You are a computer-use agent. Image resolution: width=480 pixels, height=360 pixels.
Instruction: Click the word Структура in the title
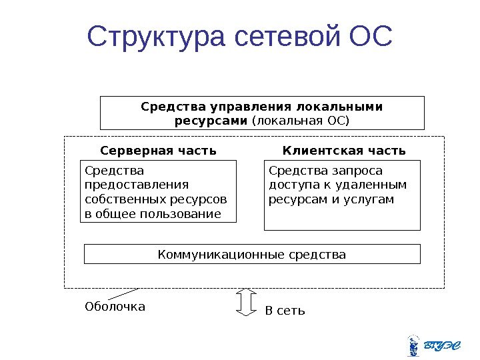(157, 39)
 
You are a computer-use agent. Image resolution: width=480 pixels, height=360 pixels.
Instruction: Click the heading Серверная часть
(158, 150)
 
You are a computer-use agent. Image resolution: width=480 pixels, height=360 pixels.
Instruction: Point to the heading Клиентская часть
(344, 150)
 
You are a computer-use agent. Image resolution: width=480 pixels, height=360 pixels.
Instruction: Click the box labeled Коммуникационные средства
(252, 254)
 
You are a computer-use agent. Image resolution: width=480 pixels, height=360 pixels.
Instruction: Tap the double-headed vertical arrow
(246, 302)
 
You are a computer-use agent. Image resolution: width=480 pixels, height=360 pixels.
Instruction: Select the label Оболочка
(115, 307)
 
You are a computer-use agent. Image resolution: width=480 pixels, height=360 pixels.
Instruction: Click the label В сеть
(285, 310)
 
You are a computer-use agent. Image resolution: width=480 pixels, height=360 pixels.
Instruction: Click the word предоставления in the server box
(137, 184)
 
